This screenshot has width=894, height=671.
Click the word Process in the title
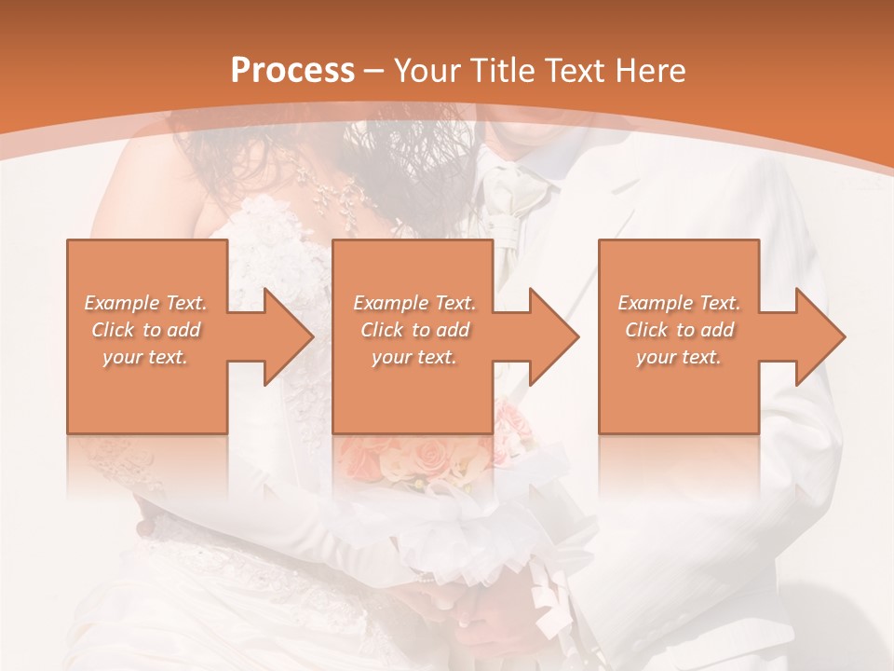point(292,71)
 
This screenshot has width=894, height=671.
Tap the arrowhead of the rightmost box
point(819,336)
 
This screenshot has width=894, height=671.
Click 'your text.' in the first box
point(145,357)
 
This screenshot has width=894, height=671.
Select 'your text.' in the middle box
point(413,357)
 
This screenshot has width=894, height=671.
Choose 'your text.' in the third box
point(679,357)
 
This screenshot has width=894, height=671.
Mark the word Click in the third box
point(646,330)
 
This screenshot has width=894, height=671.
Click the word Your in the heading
point(426,71)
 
